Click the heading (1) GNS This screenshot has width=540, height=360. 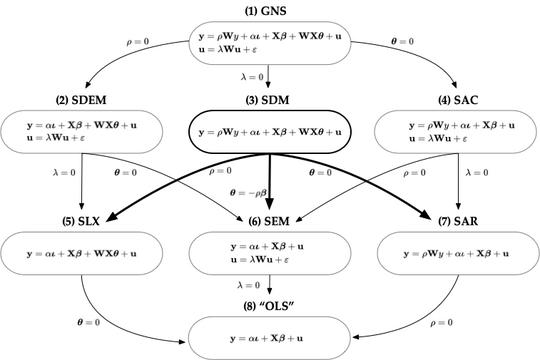pos(269,9)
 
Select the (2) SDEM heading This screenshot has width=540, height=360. pos(82,100)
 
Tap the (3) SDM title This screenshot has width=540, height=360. pos(269,100)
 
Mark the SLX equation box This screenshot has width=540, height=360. pos(82,254)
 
